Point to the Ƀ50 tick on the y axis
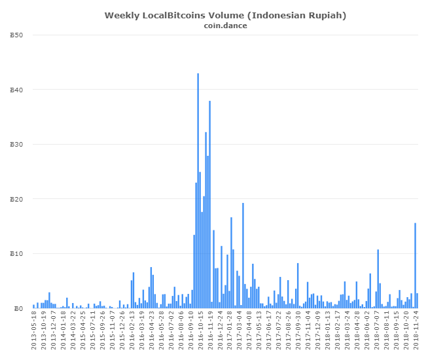point(18,35)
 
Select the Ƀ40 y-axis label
point(18,90)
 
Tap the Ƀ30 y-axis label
point(18,145)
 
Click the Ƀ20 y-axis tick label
point(18,199)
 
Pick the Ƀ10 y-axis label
point(18,254)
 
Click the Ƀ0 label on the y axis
point(20,308)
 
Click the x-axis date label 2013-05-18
point(34,330)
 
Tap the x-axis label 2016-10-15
point(200,330)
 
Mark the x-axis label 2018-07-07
point(378,330)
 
